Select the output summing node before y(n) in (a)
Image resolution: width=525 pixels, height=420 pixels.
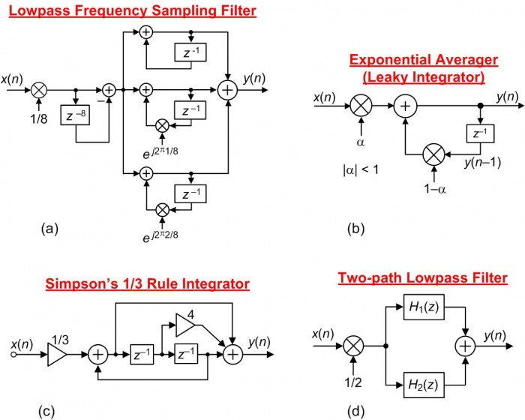tap(227, 89)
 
